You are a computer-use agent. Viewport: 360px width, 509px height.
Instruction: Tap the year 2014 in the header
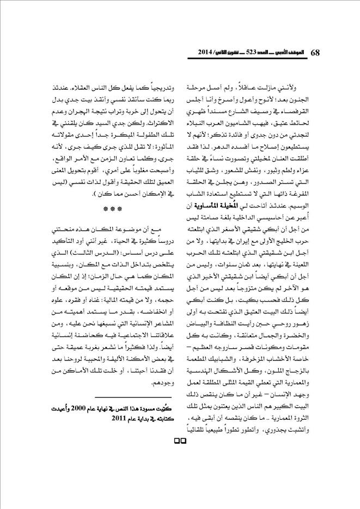click(x=200, y=53)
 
